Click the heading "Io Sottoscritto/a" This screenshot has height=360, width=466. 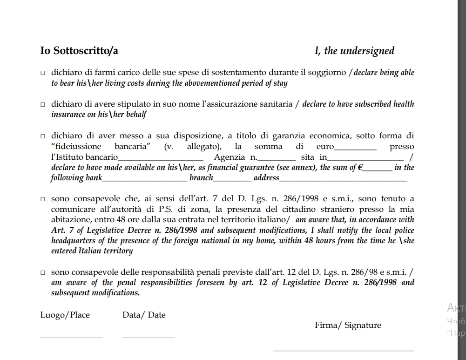pos(79,51)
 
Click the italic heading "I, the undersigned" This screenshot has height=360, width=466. pos(354,51)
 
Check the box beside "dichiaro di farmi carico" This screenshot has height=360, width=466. pos(43,73)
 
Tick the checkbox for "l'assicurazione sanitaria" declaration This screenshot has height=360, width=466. pos(43,105)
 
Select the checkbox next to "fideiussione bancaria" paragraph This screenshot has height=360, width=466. pos(43,136)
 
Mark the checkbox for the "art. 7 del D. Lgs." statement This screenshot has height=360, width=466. pos(43,199)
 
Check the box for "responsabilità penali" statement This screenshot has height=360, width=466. pos(43,272)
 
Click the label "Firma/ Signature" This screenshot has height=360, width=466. pos(348,326)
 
